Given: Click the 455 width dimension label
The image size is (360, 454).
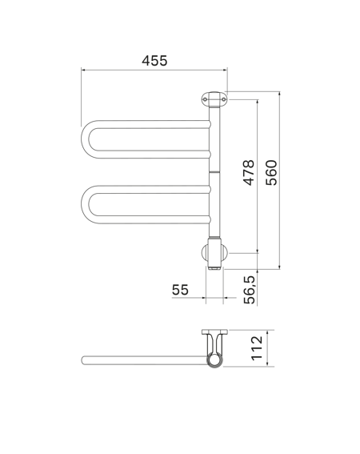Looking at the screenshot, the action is coord(154,61).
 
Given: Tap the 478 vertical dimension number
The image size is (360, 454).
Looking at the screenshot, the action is coord(249,172).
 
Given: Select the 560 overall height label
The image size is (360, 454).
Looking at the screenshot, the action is coord(271,173).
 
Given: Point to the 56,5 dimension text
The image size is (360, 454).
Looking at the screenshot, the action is coord(249,290).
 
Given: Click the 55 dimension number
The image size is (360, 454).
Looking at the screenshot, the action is coord(180,290).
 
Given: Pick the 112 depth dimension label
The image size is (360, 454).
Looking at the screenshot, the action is coord(257,348).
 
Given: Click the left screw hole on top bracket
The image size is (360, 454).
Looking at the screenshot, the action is coord(205,99).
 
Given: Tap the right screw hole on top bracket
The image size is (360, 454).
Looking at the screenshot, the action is coord(224,99).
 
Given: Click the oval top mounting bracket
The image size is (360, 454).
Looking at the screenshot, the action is coord(214,99).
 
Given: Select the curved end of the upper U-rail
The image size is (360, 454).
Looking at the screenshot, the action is coord(85,139).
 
